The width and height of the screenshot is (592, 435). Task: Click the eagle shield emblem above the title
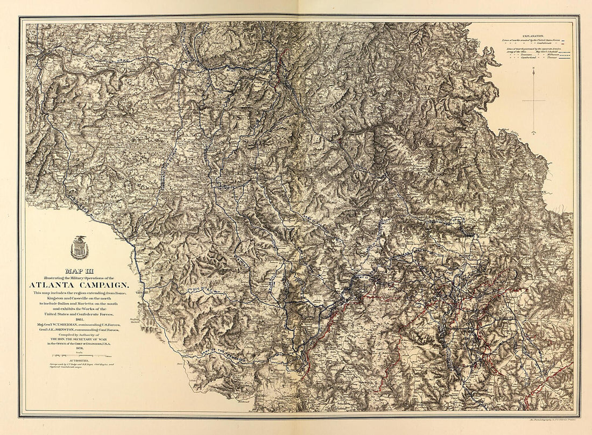[79, 247]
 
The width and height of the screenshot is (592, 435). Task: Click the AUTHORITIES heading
[79, 361]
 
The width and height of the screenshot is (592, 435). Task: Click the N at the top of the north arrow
[533, 69]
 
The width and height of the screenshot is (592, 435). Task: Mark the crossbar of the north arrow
[533, 101]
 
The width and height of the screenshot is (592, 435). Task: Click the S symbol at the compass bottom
[533, 132]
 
